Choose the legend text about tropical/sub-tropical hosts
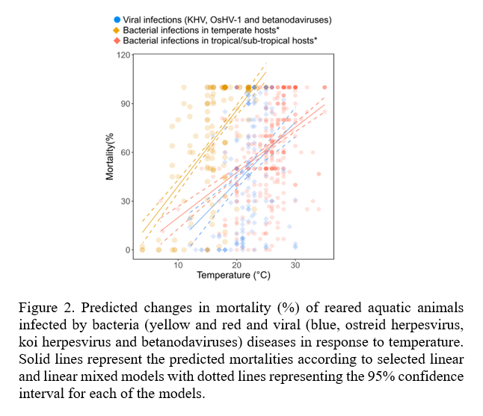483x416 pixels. pyautogui.click(x=220, y=41)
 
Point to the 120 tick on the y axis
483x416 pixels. pyautogui.click(x=123, y=55)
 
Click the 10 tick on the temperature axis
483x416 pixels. pyautogui.click(x=178, y=266)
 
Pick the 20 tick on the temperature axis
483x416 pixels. pyautogui.click(x=236, y=266)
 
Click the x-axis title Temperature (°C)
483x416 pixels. pyautogui.click(x=233, y=276)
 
